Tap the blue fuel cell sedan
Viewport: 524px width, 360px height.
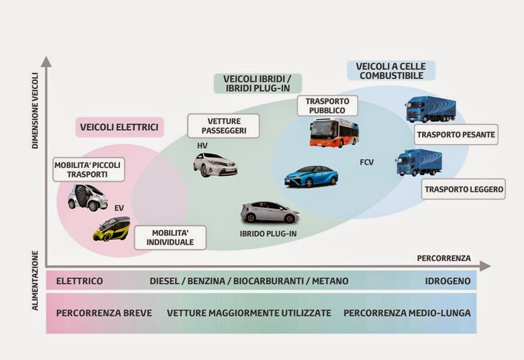pyautogui.click(x=311, y=176)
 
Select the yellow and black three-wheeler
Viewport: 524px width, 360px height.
pyautogui.click(x=112, y=229)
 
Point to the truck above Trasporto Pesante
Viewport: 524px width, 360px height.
pyautogui.click(x=430, y=110)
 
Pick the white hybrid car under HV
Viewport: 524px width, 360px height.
pyautogui.click(x=215, y=164)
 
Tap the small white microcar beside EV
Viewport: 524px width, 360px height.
pyautogui.click(x=88, y=197)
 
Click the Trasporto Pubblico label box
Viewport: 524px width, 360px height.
pyautogui.click(x=327, y=106)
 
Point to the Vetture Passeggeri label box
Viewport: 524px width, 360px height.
pyautogui.click(x=223, y=126)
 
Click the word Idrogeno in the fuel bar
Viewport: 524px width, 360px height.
pyautogui.click(x=447, y=281)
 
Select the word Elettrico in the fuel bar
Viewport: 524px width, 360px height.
pyautogui.click(x=79, y=281)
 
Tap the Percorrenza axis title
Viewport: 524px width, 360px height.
pyautogui.click(x=444, y=258)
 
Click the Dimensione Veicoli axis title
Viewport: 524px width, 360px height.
pyautogui.click(x=35, y=111)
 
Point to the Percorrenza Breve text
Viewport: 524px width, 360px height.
pyautogui.click(x=104, y=313)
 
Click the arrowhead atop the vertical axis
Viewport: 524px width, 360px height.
pyautogui.click(x=46, y=61)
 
